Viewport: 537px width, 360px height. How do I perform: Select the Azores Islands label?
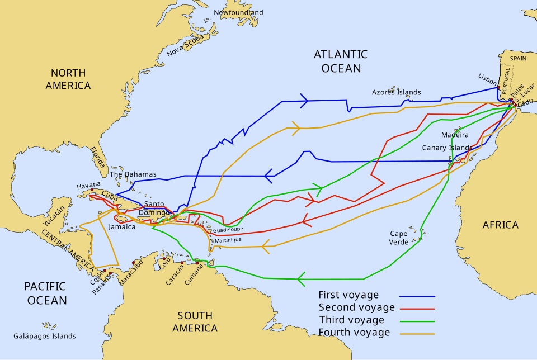click(x=397, y=92)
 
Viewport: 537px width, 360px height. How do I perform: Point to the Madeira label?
click(x=455, y=135)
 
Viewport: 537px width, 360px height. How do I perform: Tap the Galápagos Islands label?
click(x=45, y=336)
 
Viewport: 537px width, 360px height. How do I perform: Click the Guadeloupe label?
click(x=228, y=230)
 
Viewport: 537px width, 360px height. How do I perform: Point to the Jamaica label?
click(x=122, y=227)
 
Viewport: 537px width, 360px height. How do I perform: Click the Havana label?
click(x=89, y=185)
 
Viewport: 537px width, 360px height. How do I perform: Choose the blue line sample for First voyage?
click(x=417, y=296)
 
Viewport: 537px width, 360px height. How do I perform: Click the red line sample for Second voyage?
click(x=417, y=309)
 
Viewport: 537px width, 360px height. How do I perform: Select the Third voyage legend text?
click(x=351, y=320)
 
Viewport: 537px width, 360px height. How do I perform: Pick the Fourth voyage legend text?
click(x=354, y=333)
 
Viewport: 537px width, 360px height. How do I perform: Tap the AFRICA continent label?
click(x=500, y=225)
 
